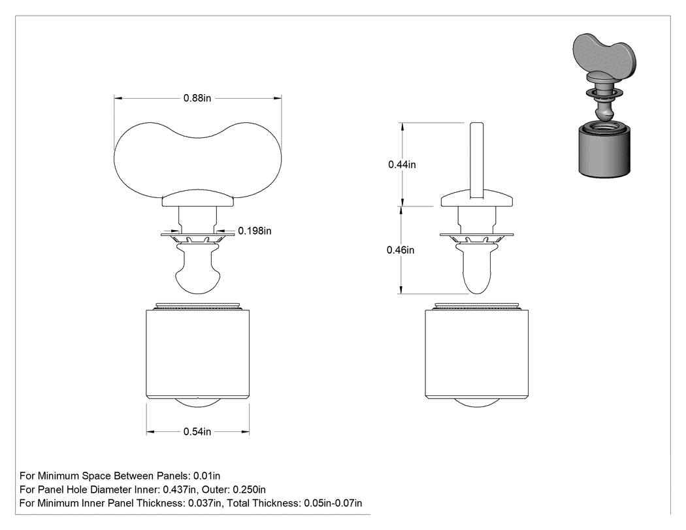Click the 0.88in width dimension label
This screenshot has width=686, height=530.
[x=197, y=98]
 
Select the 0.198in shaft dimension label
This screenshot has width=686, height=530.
[x=255, y=231]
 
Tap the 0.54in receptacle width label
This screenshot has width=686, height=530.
[x=197, y=431]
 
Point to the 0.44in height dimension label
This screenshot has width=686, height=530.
[x=402, y=165]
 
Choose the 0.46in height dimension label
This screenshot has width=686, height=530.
[x=400, y=250]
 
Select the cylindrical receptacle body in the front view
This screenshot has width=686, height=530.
[x=198, y=354]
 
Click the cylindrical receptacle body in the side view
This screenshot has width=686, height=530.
[x=477, y=354]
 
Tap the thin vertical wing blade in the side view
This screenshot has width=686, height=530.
[x=477, y=159]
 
